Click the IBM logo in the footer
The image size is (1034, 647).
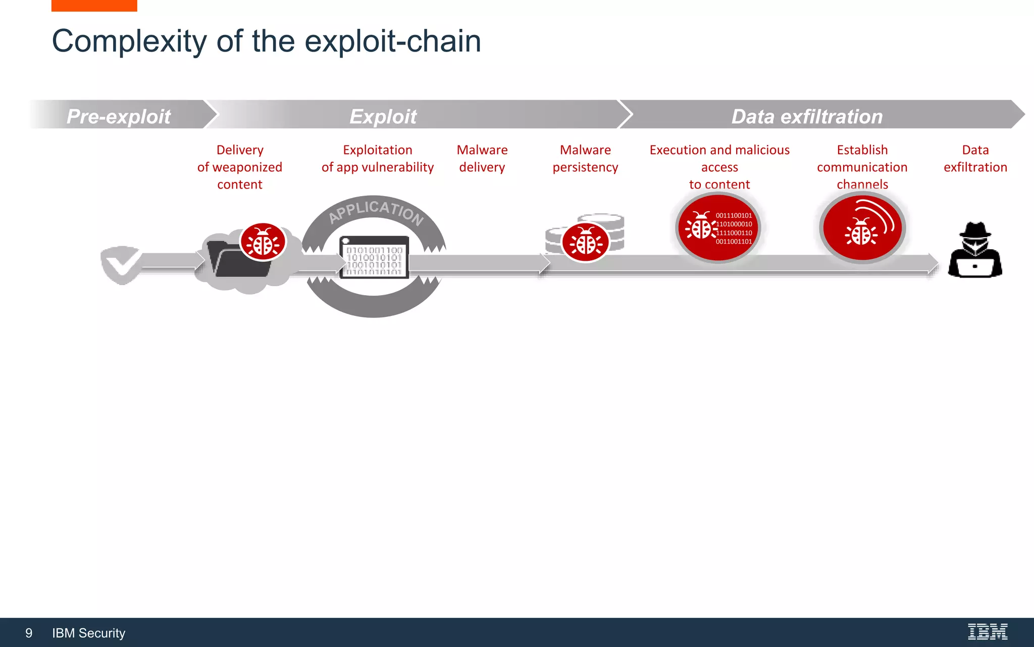point(988,632)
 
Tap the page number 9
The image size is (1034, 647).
point(29,633)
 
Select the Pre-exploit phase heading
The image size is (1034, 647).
point(119,116)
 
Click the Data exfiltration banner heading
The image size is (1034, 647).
point(807,116)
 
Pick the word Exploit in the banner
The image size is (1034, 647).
point(383,116)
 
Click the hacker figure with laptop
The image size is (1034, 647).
point(975,251)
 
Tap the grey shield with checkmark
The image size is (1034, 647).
point(121,264)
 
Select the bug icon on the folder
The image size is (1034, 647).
point(263,242)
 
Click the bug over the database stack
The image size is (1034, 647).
point(586,243)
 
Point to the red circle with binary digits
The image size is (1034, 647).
point(718,228)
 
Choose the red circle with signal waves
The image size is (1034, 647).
point(862,228)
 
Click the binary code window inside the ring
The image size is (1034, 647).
point(374,257)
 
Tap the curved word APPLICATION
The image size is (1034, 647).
point(376,210)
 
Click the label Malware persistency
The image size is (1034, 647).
point(585,159)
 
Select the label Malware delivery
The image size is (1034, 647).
point(482,159)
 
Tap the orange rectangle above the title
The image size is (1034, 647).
point(94,6)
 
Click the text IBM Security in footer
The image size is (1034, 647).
point(88,633)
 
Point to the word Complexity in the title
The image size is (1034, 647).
point(129,41)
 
